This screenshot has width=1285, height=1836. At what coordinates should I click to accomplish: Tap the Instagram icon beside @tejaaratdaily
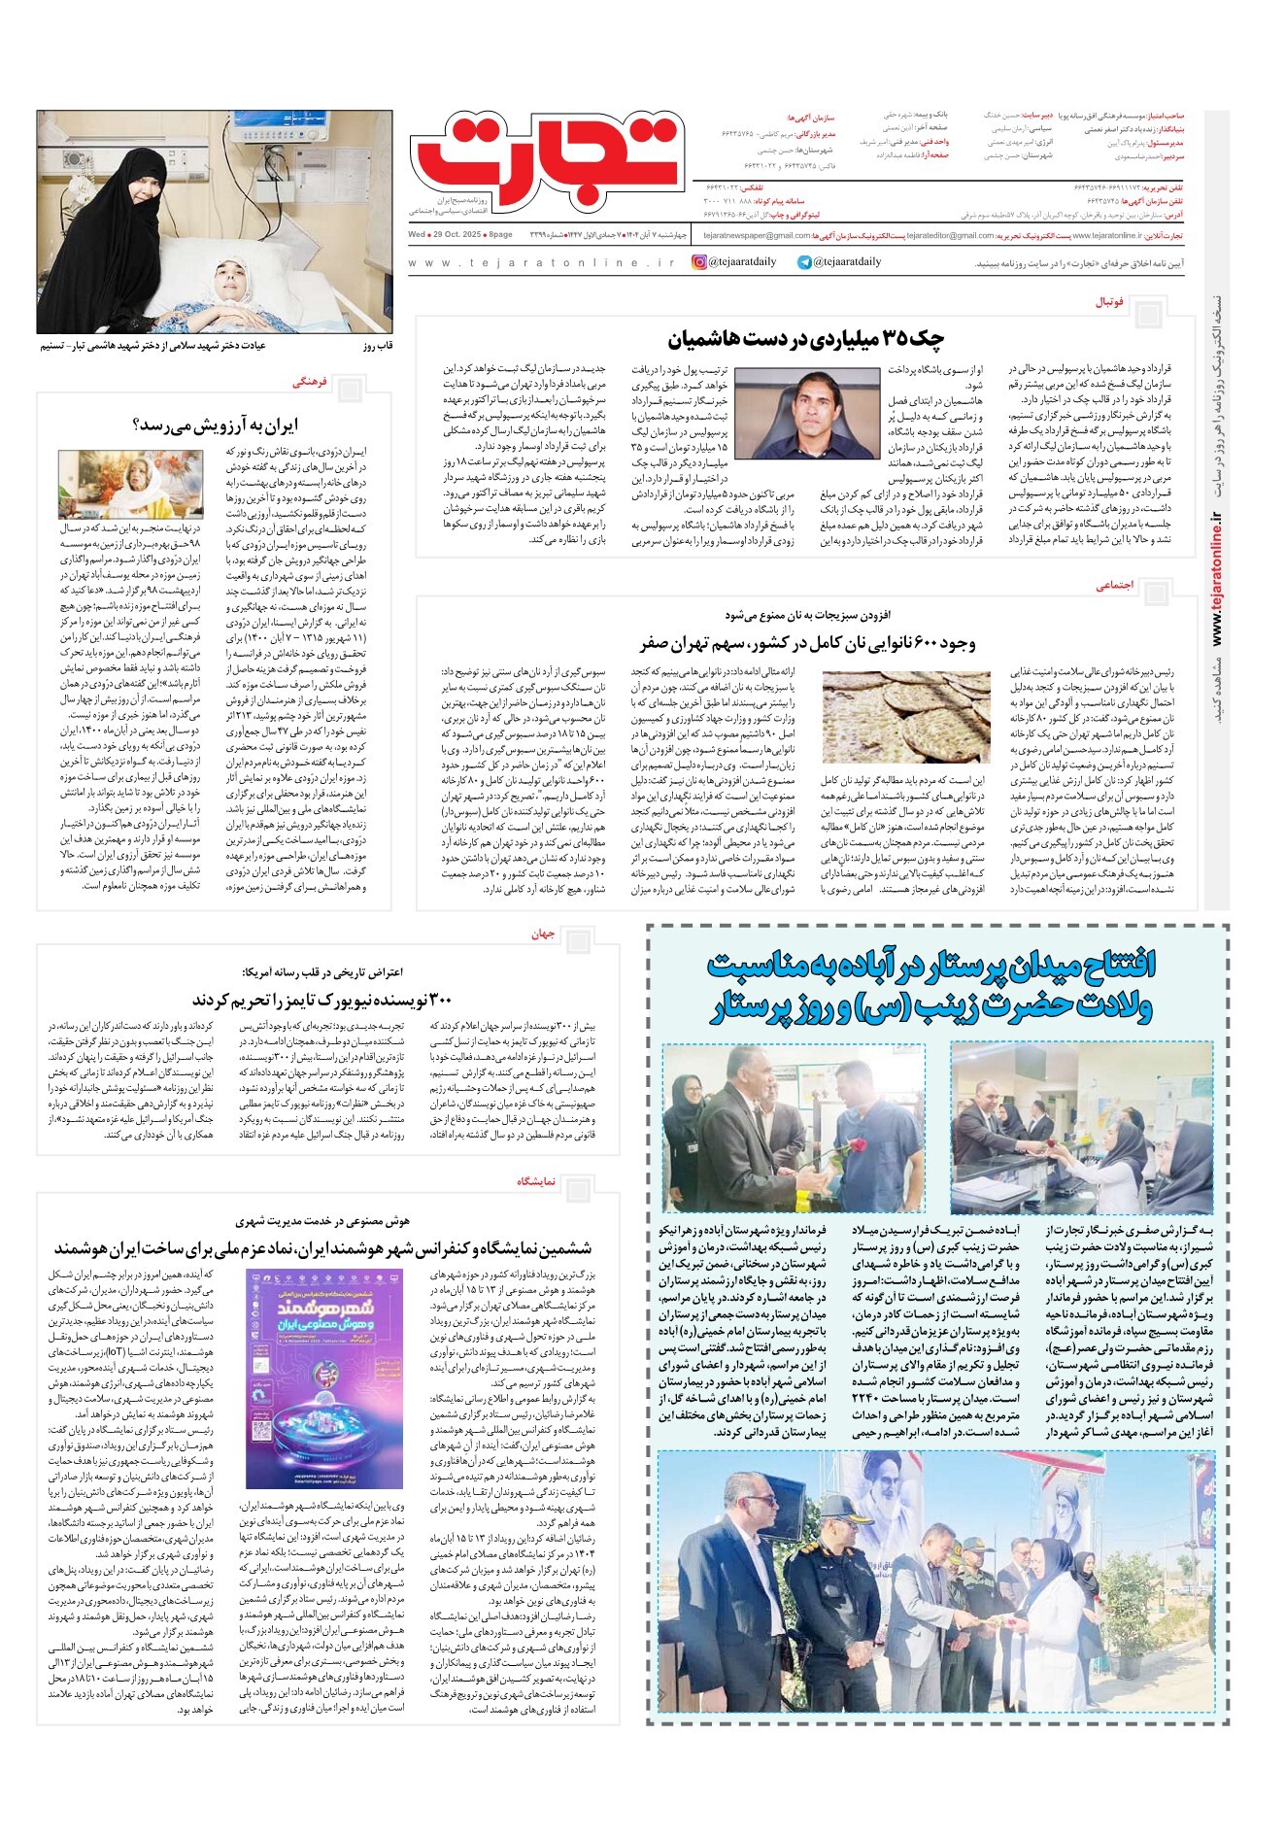(699, 261)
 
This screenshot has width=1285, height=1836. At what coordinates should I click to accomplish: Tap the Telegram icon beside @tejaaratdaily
(804, 261)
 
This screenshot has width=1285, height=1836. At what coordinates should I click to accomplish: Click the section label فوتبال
(1109, 302)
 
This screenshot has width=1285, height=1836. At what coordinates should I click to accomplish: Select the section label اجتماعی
(1115, 586)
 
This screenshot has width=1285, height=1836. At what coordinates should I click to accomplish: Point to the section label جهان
(543, 934)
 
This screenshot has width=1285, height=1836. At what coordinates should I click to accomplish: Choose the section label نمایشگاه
(535, 1181)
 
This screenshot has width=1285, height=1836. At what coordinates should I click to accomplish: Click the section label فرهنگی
(310, 383)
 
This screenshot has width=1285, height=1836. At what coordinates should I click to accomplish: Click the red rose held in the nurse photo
(855, 1146)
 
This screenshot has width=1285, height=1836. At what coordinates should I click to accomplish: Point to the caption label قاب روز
(376, 345)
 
